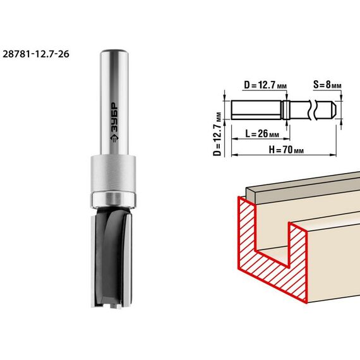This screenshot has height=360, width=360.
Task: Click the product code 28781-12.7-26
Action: point(36,54)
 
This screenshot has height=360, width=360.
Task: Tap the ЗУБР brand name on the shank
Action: point(114,117)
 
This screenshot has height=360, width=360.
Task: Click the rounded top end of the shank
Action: point(114,51)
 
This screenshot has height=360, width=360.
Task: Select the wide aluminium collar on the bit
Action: point(112,173)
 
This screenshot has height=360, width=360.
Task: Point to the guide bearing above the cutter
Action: point(113,200)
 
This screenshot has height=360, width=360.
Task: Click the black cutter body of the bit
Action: point(112,256)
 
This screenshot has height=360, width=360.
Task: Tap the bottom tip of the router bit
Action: point(112,306)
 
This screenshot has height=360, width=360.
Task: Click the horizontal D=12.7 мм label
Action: point(265,85)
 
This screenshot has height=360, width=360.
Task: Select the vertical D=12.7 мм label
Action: point(217,135)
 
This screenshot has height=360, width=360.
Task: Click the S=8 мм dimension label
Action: point(327,85)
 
